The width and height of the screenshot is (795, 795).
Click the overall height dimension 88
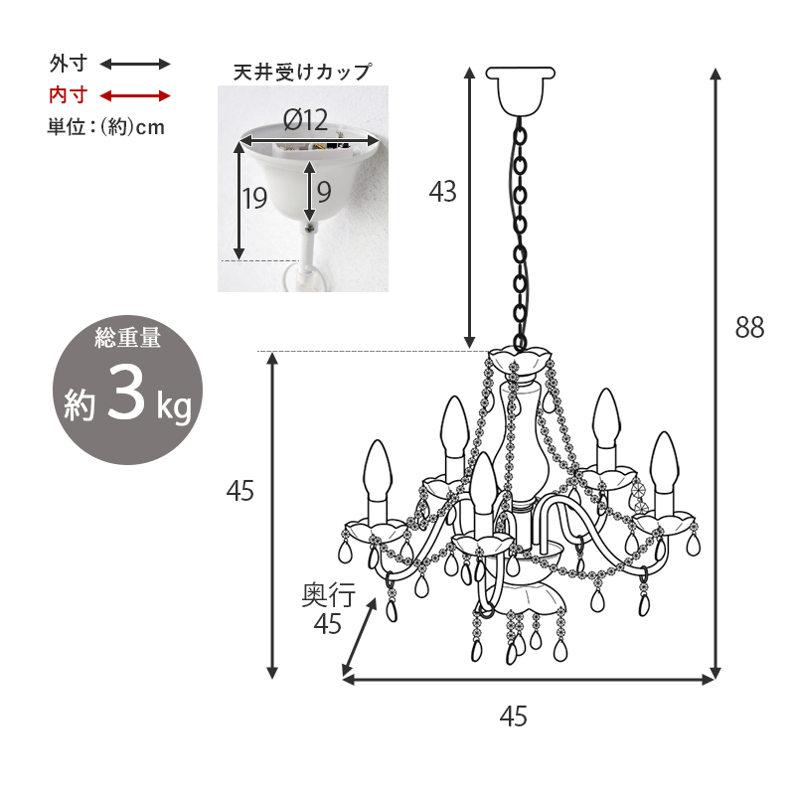click(749, 328)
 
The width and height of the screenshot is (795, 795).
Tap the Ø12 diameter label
click(305, 121)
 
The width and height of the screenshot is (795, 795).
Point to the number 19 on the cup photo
click(254, 198)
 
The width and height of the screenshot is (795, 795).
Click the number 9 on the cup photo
click(324, 189)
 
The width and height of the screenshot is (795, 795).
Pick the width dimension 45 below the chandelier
click(513, 715)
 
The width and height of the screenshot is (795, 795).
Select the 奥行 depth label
click(328, 596)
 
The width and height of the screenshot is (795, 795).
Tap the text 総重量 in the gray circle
click(127, 338)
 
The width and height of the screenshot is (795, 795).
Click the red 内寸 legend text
click(69, 95)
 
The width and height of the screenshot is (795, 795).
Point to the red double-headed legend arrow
click(136, 96)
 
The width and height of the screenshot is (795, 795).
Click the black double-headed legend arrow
click(136, 65)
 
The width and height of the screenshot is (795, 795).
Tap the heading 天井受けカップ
click(302, 73)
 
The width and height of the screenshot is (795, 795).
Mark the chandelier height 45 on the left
click(240, 490)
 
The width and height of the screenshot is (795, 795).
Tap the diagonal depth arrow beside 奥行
click(360, 636)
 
